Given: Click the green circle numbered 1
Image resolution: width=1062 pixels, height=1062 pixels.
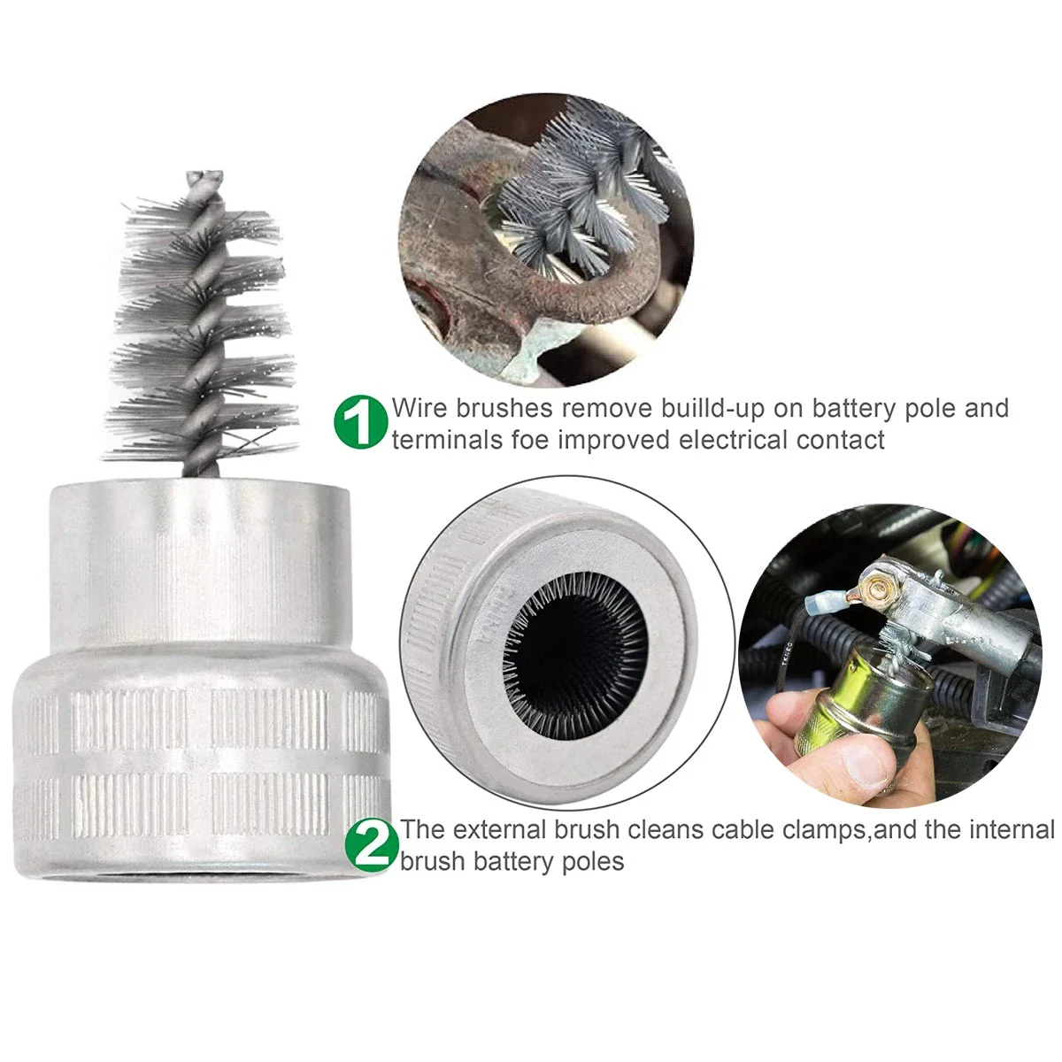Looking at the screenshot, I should coord(361,422).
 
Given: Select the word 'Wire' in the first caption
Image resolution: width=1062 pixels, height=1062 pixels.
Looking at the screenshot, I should coord(420,408).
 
